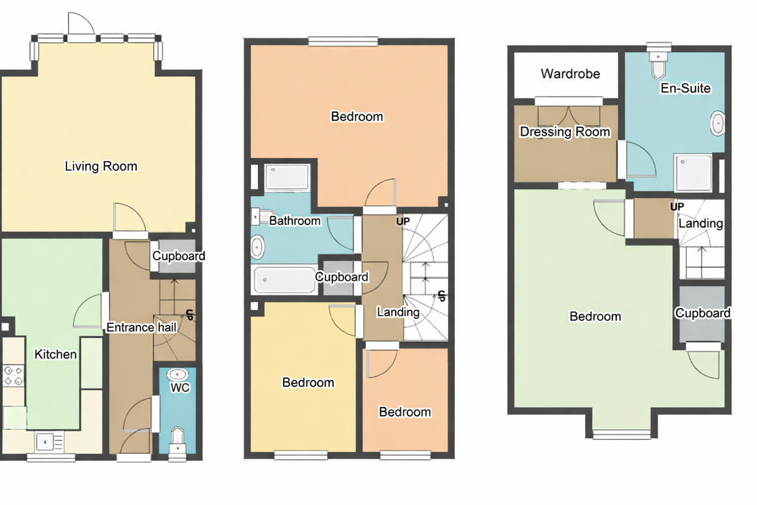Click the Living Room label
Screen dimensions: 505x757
pyautogui.click(x=101, y=167)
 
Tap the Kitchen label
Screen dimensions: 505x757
pyautogui.click(x=56, y=354)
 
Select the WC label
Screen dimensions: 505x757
pyautogui.click(x=180, y=388)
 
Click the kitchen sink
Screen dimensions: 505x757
pyautogui.click(x=46, y=440)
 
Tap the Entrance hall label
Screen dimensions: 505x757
pyautogui.click(x=141, y=328)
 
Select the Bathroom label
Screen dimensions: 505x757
pyautogui.click(x=295, y=221)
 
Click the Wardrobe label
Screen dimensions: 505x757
pyautogui.click(x=570, y=74)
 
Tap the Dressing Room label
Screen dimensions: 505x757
pyautogui.click(x=565, y=132)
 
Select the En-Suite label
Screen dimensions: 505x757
pyautogui.click(x=686, y=88)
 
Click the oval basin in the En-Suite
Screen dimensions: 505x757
pyautogui.click(x=719, y=124)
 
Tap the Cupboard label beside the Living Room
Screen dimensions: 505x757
pyautogui.click(x=179, y=256)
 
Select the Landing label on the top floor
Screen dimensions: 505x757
pyautogui.click(x=701, y=223)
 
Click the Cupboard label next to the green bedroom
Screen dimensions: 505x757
pyautogui.click(x=703, y=313)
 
